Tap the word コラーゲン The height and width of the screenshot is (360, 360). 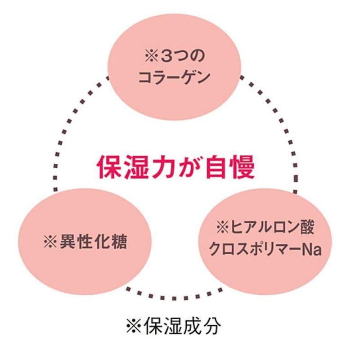(x=173, y=78)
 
